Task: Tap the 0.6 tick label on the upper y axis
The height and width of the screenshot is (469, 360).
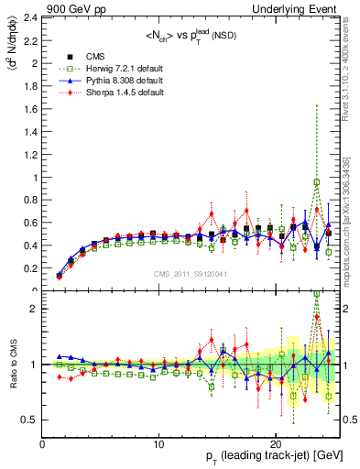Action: click(x=32, y=223)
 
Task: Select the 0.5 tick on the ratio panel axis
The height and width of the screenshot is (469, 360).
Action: click(x=32, y=420)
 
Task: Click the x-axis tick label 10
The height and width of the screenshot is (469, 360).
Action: click(x=158, y=444)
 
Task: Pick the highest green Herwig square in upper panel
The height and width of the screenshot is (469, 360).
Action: click(x=317, y=182)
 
